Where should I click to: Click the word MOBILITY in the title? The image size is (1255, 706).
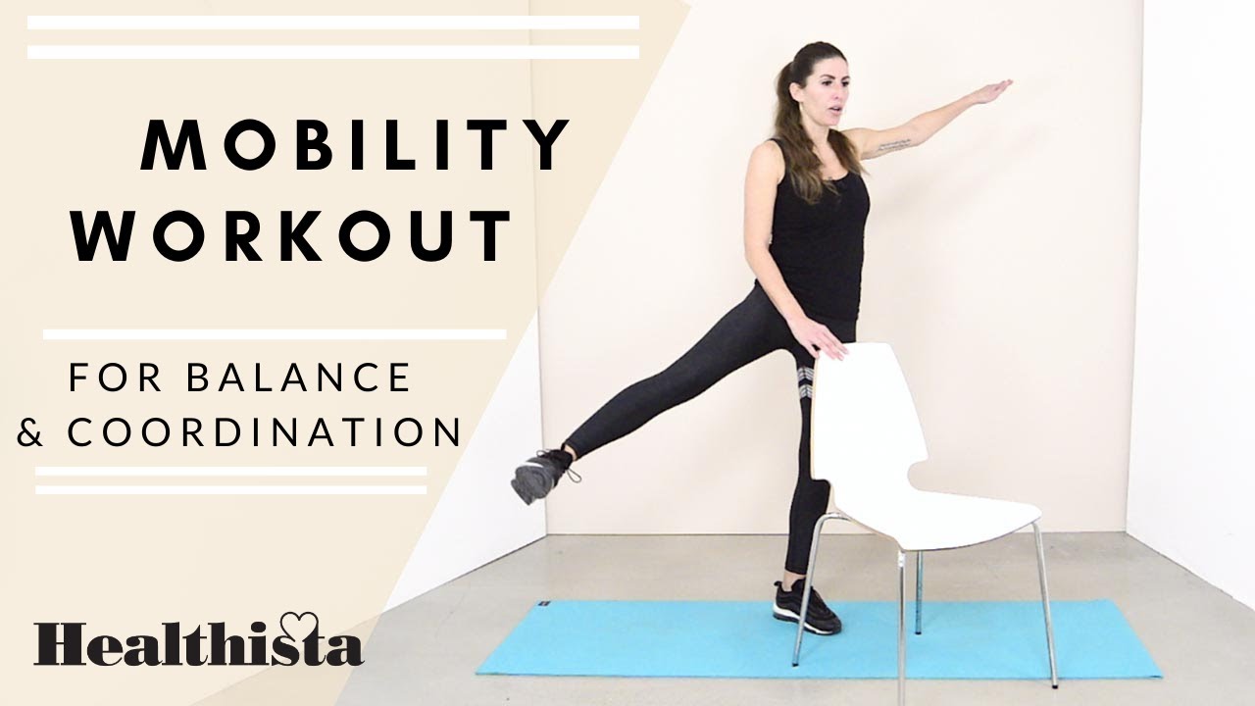tap(356, 145)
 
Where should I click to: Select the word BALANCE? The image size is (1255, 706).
tap(299, 378)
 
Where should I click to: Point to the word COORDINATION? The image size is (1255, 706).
tap(265, 432)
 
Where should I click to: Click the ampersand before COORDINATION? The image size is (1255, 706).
tap(31, 432)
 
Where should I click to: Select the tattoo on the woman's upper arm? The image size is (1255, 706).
tap(893, 145)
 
